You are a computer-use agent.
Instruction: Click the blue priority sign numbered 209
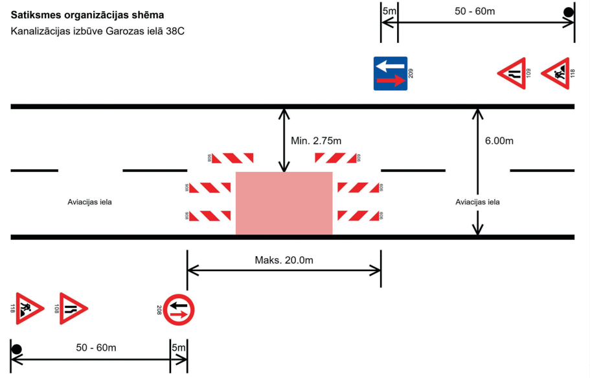(390, 73)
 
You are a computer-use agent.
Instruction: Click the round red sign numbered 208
(179, 310)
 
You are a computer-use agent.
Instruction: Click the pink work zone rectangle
(284, 203)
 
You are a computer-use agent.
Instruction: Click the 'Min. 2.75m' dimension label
(316, 141)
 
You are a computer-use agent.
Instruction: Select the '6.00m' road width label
(499, 141)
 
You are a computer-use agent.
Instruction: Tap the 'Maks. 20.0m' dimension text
(284, 260)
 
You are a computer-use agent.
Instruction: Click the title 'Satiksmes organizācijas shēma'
(87, 14)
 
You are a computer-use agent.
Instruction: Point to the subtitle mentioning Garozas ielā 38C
(98, 31)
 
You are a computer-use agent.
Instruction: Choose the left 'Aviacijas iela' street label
(90, 202)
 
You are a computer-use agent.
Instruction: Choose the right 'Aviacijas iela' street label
(477, 202)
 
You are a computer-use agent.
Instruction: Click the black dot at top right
(568, 12)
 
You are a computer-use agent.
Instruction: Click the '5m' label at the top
(389, 11)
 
